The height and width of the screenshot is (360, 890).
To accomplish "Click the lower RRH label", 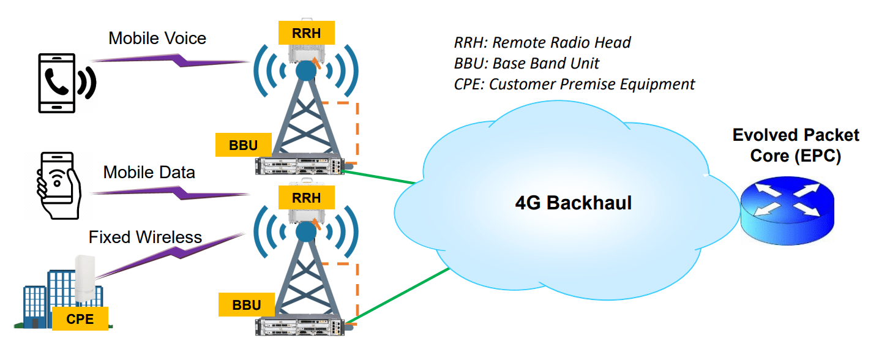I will click(x=306, y=197).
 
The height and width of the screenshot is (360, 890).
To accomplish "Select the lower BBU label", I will click(x=247, y=305).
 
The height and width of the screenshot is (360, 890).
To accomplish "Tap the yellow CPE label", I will click(x=81, y=319).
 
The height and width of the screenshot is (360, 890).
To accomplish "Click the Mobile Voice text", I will click(x=157, y=39).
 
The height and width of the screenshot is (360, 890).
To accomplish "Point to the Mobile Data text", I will click(x=149, y=172).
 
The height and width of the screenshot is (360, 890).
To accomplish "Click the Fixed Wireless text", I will click(x=145, y=237).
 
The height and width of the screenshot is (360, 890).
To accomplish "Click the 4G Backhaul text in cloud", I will click(x=573, y=203).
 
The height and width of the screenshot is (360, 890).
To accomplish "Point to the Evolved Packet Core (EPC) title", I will click(x=796, y=145).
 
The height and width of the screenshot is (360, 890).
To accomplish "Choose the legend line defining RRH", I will click(x=542, y=43).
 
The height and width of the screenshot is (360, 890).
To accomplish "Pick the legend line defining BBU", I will click(x=526, y=63).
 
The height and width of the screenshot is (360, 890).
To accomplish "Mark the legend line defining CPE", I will click(x=574, y=84).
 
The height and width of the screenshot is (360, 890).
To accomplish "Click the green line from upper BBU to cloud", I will click(x=380, y=178).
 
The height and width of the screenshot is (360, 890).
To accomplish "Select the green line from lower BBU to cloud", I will click(x=398, y=296).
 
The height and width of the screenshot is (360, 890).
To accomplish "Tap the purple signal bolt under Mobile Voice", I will click(x=171, y=60).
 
